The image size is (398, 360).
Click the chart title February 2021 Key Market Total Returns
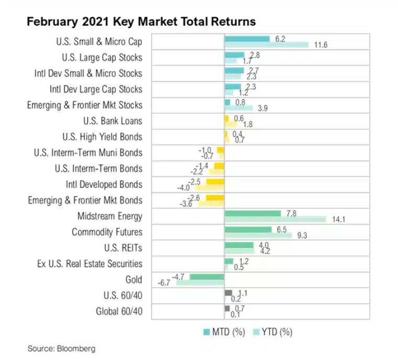[x=141, y=22]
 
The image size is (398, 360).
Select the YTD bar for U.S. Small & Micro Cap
[x=266, y=45]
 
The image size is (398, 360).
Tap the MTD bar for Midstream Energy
[x=252, y=213]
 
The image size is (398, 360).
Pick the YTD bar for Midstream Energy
[x=275, y=219]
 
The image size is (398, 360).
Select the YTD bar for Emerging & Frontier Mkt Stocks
[x=238, y=108]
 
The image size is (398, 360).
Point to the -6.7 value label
[x=164, y=283]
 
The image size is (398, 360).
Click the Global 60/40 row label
[x=119, y=312]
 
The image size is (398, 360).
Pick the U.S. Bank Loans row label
[x=113, y=121]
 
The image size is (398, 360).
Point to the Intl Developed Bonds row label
[x=104, y=184]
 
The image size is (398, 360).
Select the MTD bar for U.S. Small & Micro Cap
[x=247, y=39]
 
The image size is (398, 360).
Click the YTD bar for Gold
[x=200, y=283]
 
